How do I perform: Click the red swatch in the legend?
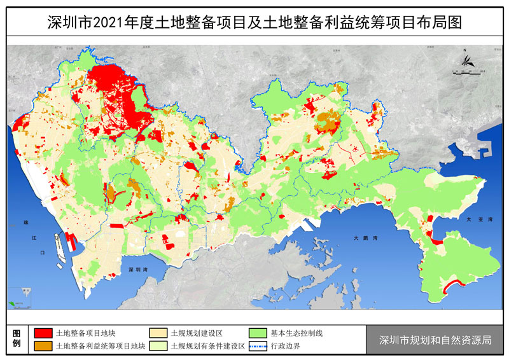point(43,333)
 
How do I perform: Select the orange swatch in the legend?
point(43,347)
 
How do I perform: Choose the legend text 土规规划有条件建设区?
point(204,347)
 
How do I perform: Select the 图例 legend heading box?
point(17,340)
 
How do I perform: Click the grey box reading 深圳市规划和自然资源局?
point(435,340)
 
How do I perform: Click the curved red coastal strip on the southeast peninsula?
point(454,284)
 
